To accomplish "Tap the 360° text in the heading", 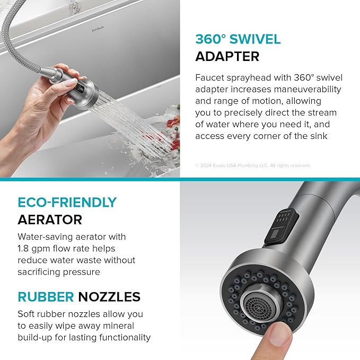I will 212,39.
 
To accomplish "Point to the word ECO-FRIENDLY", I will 67,203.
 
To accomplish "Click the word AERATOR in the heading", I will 50,219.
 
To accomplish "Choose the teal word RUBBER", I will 45,296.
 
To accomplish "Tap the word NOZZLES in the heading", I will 110,296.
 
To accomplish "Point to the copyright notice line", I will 252,165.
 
